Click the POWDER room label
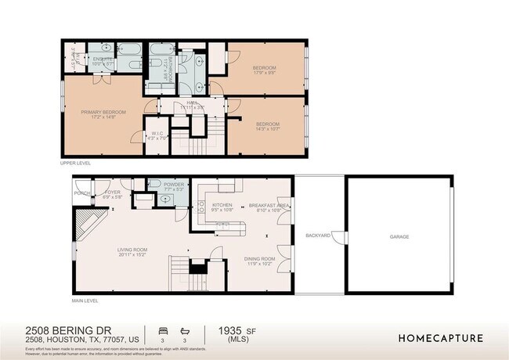coord(174,186)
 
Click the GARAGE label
coord(399,236)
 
